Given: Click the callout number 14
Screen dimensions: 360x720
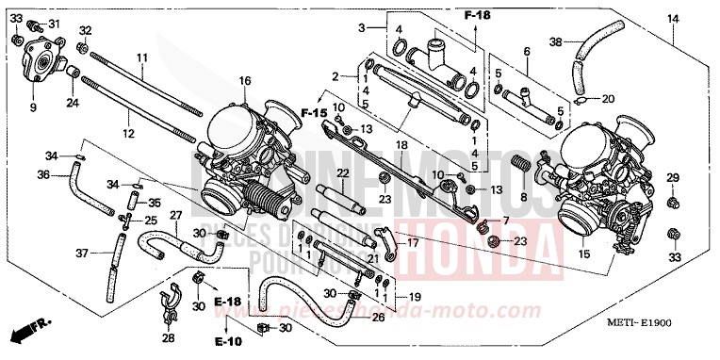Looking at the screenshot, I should (x=674, y=18).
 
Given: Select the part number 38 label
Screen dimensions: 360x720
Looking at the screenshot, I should (x=555, y=41).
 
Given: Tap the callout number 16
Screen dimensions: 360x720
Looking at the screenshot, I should (x=245, y=81).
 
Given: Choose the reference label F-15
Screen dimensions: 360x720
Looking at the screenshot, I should (x=313, y=114).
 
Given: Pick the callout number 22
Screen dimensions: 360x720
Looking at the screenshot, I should (x=342, y=173).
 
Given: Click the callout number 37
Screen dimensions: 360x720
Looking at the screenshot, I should (x=81, y=253).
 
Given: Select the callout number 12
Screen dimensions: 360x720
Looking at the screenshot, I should (x=128, y=120).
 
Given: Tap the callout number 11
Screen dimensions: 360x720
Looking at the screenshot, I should (x=140, y=58).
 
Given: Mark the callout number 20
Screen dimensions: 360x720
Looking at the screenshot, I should (x=608, y=99).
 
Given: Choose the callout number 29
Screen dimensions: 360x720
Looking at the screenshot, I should (x=673, y=178).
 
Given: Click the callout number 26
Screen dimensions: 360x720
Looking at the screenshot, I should (x=379, y=318).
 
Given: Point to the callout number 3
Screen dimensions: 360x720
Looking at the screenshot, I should (x=360, y=28).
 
